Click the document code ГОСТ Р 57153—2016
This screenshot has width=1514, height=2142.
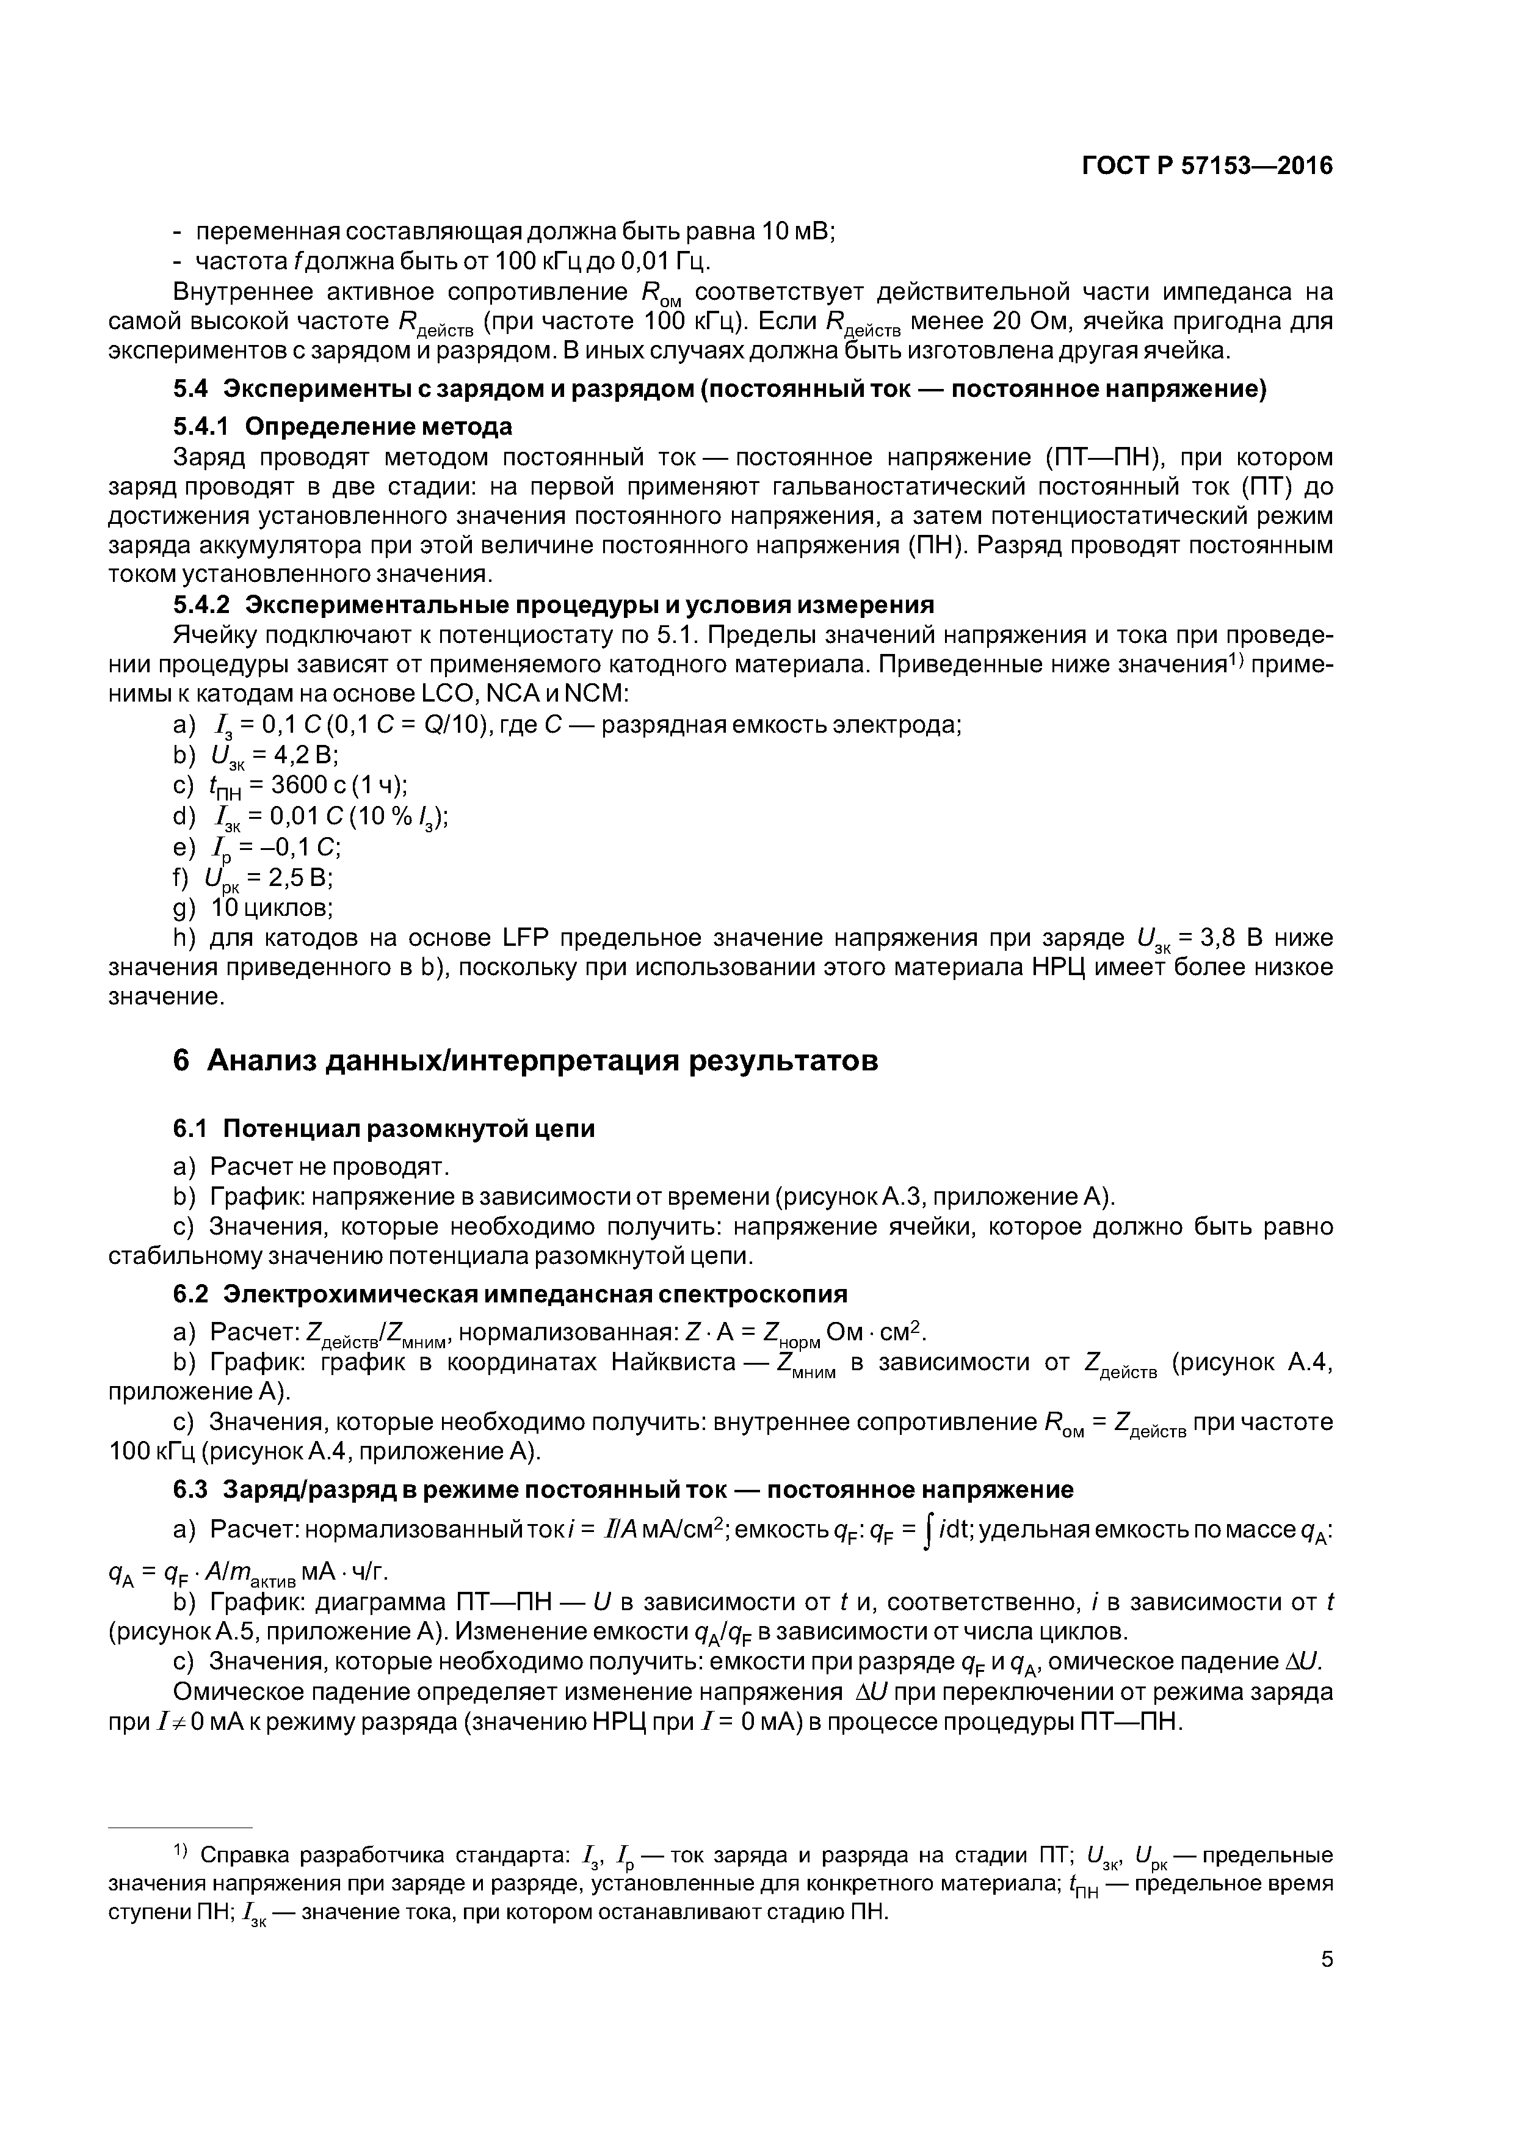[1207, 167]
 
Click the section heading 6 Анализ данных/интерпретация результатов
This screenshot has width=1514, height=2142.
[525, 1061]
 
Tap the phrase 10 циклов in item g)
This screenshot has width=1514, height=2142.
[270, 908]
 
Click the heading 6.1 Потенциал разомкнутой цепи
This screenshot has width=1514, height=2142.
[383, 1129]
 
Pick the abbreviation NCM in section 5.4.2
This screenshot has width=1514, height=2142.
[597, 695]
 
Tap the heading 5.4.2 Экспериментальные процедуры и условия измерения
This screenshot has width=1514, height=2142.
[553, 606]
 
